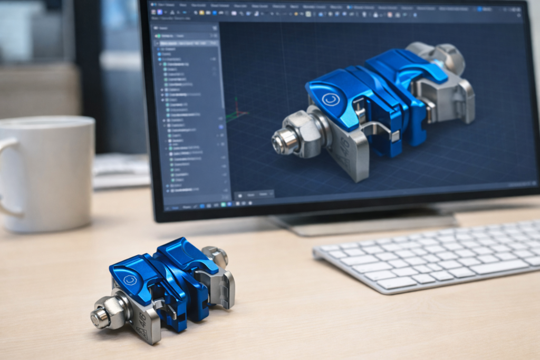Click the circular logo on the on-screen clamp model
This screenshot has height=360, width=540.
pos(331,100)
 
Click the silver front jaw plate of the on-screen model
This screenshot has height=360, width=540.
pos(348,153)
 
